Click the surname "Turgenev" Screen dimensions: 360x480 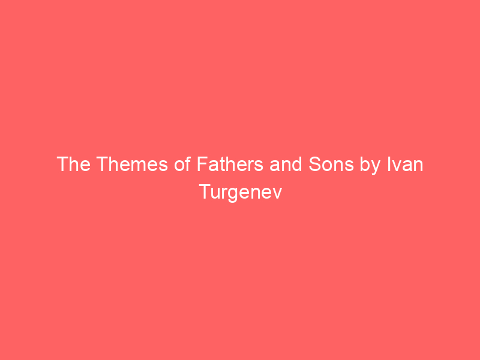click(x=240, y=194)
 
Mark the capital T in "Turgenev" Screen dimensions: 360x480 click(x=203, y=194)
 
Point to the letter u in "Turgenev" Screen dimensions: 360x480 click(x=215, y=195)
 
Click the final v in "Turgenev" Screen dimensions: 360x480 click(x=277, y=195)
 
